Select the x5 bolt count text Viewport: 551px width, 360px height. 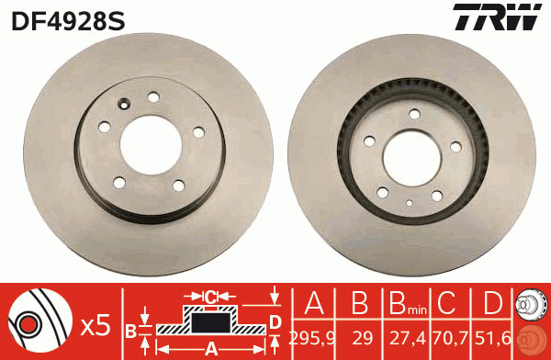[x=96, y=324]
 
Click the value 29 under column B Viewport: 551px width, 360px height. [x=360, y=336]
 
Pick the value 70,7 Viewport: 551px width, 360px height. [x=449, y=336]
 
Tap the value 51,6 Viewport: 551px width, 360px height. [x=493, y=336]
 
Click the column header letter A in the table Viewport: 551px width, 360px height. [x=314, y=304]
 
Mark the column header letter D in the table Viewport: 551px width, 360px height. [x=493, y=304]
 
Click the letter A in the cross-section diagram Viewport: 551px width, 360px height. [x=209, y=348]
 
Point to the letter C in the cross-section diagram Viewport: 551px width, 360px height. [x=209, y=296]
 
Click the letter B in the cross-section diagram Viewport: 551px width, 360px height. [x=130, y=329]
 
